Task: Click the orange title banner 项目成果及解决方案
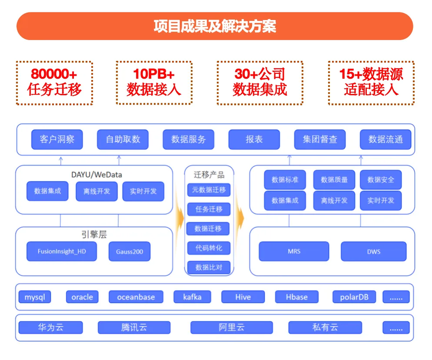coord(215,26)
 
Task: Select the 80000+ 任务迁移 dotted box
coord(54,83)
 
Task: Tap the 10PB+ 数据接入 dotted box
coord(154,83)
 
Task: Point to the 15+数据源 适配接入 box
coord(371,83)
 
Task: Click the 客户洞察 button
coord(57,139)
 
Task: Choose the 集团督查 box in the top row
coord(320,139)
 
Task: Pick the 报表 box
coord(254,139)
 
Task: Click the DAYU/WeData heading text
coord(96,175)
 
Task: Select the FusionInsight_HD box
coord(62,251)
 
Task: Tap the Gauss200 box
coord(129,251)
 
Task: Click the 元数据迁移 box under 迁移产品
coord(209,190)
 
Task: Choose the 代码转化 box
coord(209,248)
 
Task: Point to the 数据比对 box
coord(209,268)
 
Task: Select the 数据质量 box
coord(334,179)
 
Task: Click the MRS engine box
coord(294,251)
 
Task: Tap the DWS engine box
coord(374,251)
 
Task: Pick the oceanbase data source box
coord(136,297)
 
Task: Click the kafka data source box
coord(192,297)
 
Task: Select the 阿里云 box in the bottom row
coord(231,327)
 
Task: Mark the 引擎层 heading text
coord(94,234)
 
